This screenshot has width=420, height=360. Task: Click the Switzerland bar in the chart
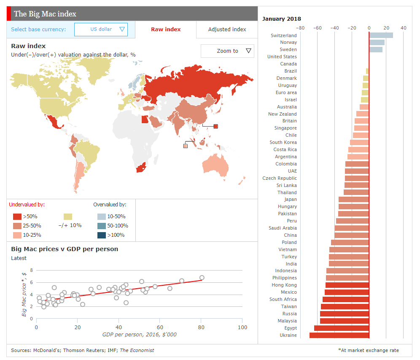[x=381, y=35]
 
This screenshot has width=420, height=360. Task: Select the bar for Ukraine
[x=339, y=335]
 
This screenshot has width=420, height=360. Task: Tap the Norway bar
[x=377, y=42]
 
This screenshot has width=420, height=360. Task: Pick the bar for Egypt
[x=342, y=328]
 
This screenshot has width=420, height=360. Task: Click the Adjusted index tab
[x=227, y=29]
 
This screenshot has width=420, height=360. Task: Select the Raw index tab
[x=166, y=29]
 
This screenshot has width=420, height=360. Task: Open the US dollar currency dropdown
[x=101, y=29]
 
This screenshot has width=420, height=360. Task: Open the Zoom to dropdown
[x=227, y=51]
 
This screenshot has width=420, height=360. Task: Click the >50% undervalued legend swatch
[x=17, y=216]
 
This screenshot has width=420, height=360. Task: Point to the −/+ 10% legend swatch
[x=68, y=216]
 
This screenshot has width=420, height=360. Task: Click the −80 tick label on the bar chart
[x=301, y=28]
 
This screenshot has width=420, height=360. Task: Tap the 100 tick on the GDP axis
[x=242, y=328]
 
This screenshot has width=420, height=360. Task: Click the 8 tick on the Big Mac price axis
[x=31, y=270]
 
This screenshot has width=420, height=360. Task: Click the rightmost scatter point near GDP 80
[x=202, y=278]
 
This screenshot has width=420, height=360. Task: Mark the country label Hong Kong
[x=284, y=285]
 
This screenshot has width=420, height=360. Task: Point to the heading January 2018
[x=281, y=19]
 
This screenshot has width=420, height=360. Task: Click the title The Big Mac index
[x=45, y=14]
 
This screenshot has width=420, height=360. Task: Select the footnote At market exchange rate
[x=369, y=350]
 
